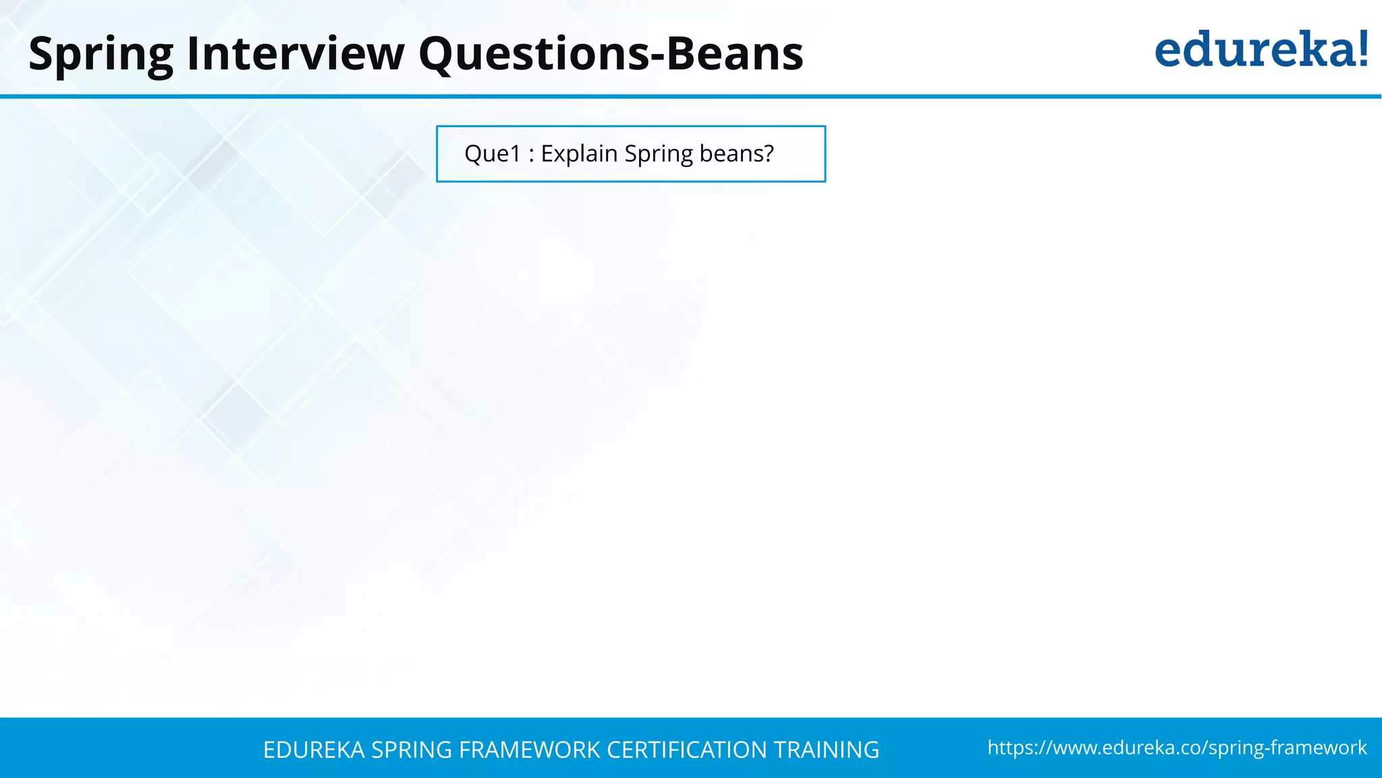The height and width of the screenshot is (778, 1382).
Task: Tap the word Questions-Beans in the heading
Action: pyautogui.click(x=611, y=54)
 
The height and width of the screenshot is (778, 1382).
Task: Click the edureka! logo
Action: pyautogui.click(x=1261, y=50)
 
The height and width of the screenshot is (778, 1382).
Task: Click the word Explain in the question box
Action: pyautogui.click(x=579, y=154)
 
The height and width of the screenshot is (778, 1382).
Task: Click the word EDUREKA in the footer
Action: pyautogui.click(x=314, y=750)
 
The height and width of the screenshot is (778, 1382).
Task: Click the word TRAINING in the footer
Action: pyautogui.click(x=826, y=750)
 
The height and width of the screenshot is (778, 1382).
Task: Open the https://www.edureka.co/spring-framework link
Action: pyautogui.click(x=1177, y=748)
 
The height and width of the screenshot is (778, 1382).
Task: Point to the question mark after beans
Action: pyautogui.click(x=768, y=154)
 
